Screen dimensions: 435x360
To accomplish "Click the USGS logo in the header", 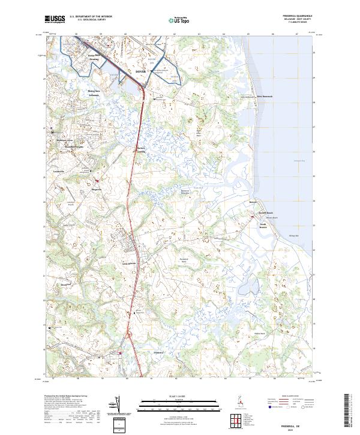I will pos(55,19).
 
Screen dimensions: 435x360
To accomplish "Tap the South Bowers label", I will pos(266,227).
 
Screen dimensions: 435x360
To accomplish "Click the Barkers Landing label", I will pos(142,150).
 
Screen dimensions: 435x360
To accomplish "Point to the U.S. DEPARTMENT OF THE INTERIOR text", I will pos(91,16).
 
